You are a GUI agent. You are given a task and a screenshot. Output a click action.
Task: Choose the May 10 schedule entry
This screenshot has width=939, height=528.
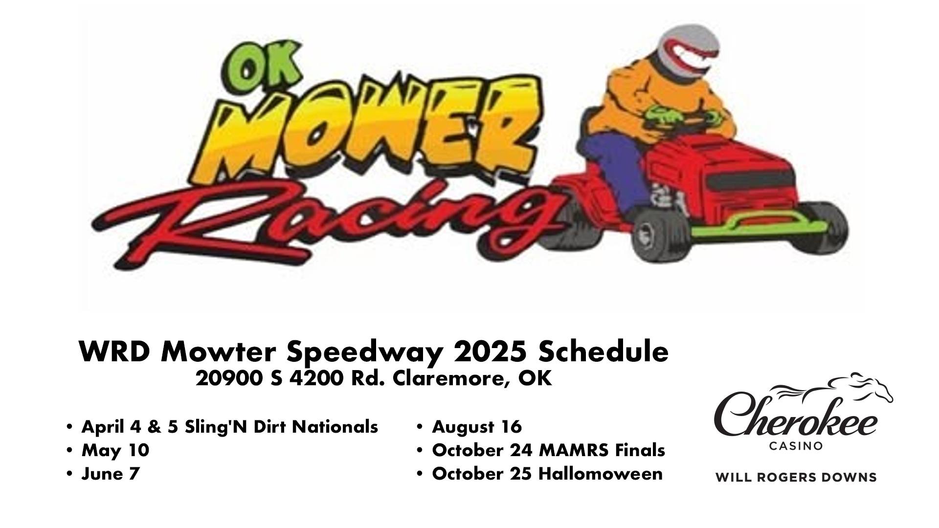click(115, 450)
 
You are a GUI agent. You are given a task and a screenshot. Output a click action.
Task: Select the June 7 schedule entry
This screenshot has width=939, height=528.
click(111, 474)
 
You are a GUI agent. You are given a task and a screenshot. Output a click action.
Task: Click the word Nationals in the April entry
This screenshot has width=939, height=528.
click(335, 427)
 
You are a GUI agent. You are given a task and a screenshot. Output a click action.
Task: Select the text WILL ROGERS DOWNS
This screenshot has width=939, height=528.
click(796, 477)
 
